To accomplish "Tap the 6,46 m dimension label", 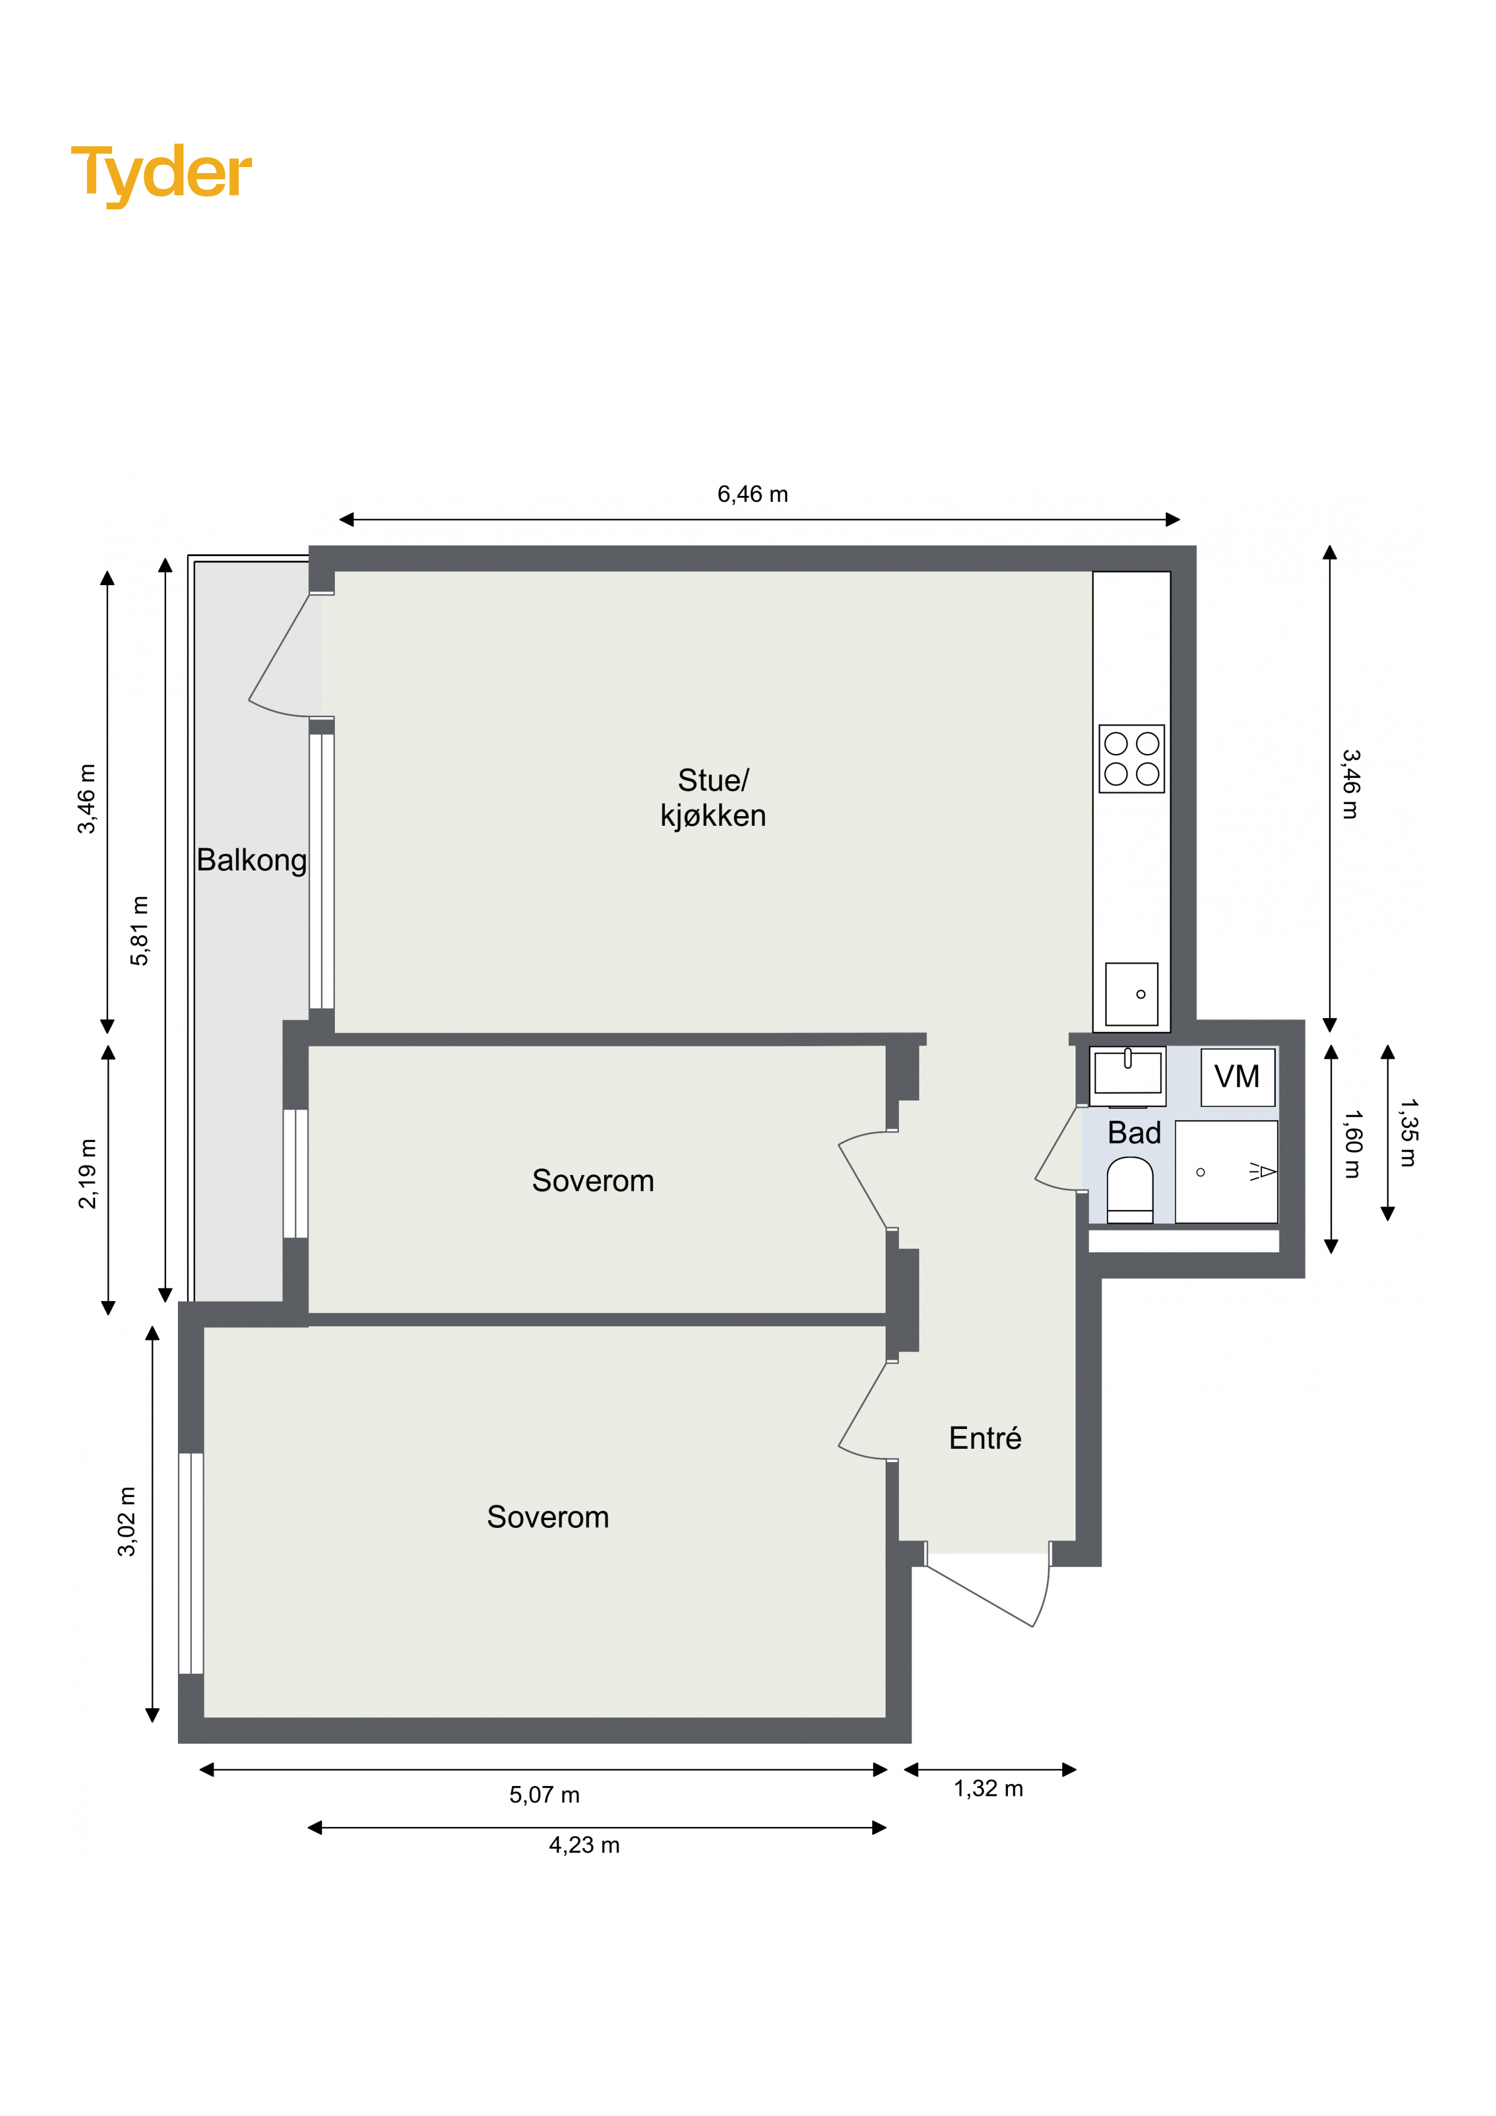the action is point(752,494).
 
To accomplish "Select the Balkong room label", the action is point(252,860).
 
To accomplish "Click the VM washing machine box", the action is point(1238,1077).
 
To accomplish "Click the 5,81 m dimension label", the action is point(139,930).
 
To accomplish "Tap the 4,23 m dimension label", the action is point(585,1845).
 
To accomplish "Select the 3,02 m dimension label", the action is point(126,1522).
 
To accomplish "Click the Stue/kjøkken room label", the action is point(712,797).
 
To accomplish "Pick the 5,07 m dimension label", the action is point(545,1794).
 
